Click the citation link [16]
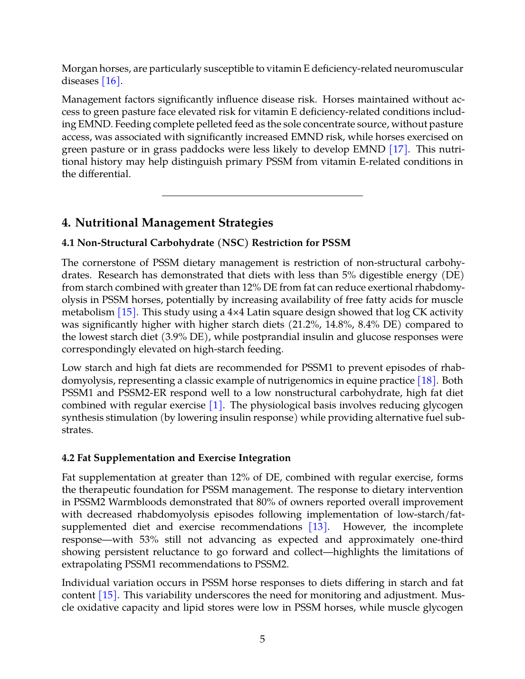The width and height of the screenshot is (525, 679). (x=111, y=81)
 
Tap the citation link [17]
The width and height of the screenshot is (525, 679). (x=398, y=150)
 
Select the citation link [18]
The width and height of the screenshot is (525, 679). (x=426, y=381)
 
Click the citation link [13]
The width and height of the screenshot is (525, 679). (x=318, y=527)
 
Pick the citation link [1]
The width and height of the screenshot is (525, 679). (x=215, y=406)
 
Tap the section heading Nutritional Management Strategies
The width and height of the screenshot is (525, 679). (x=167, y=223)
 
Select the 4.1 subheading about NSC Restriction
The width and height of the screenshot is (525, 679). (x=206, y=243)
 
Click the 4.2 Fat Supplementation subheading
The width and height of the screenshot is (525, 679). (x=176, y=458)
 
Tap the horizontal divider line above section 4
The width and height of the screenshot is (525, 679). (x=262, y=196)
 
